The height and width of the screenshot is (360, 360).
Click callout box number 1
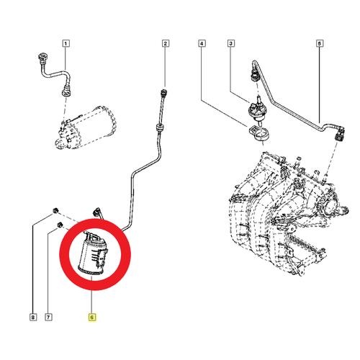[x=66, y=43]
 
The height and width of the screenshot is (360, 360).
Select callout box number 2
[x=165, y=43]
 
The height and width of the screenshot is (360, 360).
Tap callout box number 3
[x=231, y=43]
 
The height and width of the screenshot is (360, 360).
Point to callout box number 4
[x=202, y=43]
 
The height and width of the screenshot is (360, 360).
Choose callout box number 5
[x=320, y=43]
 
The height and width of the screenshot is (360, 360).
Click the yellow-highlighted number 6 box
[x=92, y=318]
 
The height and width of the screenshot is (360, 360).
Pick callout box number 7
[x=48, y=318]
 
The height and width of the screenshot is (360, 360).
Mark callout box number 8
[x=33, y=318]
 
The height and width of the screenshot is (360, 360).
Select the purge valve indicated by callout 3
[x=256, y=109]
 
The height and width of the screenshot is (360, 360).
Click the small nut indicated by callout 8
[x=55, y=211]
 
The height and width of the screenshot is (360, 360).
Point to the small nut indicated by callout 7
[x=60, y=225]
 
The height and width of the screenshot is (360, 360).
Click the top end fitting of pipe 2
[x=164, y=92]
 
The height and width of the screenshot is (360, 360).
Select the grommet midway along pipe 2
[x=159, y=127]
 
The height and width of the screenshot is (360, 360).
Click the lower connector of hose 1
[x=66, y=92]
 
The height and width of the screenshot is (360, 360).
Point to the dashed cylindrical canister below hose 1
[x=85, y=127]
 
